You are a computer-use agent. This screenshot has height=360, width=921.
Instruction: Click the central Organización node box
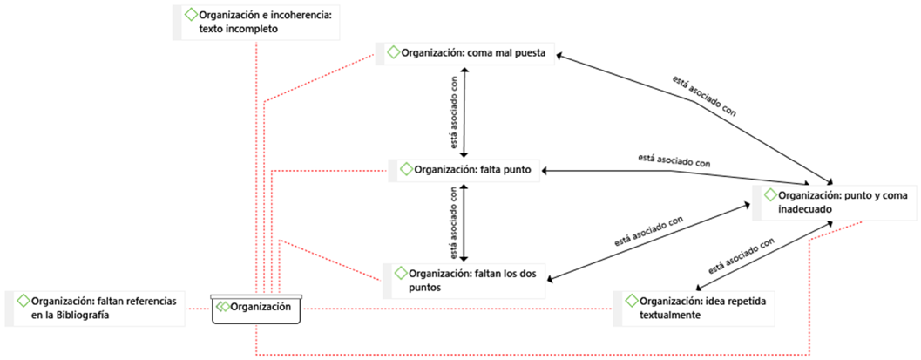tap(257, 308)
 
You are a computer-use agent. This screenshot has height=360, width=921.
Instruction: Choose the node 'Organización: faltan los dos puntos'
tap(466, 280)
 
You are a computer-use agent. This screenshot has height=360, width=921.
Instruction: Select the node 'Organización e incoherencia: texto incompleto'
tap(258, 22)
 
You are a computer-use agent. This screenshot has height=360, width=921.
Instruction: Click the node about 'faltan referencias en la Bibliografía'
tap(96, 308)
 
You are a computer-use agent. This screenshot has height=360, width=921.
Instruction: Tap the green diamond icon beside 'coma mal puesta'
tap(394, 53)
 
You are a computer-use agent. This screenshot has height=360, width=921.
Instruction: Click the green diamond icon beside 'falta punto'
tap(407, 169)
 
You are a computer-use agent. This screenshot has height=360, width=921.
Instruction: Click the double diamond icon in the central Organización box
tap(224, 307)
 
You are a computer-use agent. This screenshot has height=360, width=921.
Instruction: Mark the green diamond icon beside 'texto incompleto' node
tap(191, 15)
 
